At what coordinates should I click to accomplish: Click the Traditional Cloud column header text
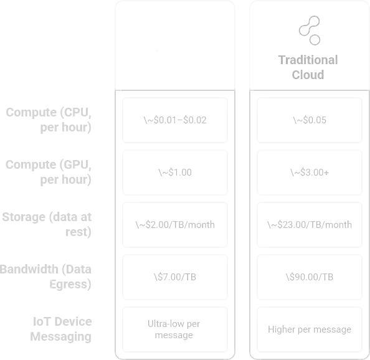pos(308,67)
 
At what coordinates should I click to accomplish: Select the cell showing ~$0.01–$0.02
pos(175,120)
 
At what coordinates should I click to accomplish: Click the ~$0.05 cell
pos(310,120)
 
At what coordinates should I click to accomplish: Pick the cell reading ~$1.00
pos(175,173)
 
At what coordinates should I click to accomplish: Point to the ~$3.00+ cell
pos(310,173)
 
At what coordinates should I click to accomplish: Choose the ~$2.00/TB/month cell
pos(175,225)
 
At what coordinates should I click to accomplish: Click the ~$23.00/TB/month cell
pos(310,225)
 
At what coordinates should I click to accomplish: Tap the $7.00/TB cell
pos(175,277)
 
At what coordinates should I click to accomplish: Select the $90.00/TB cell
pos(310,277)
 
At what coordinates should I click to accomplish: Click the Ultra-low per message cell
pos(175,329)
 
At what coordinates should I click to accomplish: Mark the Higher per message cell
pos(310,329)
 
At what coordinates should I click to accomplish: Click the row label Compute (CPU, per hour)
pos(49,120)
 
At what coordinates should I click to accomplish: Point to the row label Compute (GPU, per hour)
pos(49,173)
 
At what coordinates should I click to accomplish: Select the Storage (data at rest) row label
pos(47,224)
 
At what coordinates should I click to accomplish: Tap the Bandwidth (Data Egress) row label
pos(45,277)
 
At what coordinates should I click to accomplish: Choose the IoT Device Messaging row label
pos(61,329)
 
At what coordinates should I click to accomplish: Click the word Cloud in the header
pos(308,75)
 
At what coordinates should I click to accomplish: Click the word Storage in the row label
pos(24,217)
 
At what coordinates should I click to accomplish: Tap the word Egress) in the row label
pos(70,284)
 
